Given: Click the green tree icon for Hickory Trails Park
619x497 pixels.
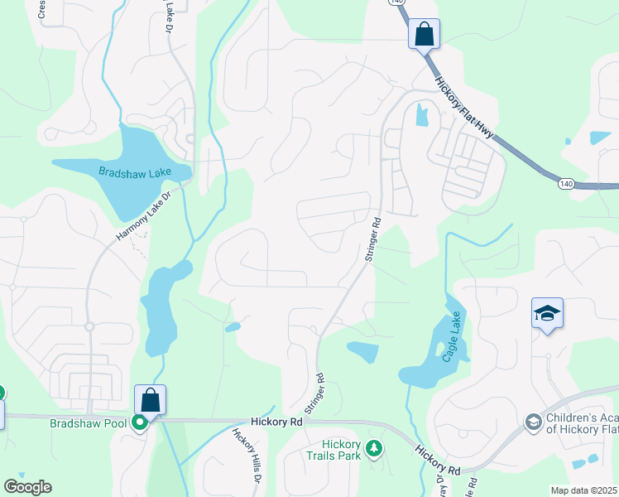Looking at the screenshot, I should (375, 448).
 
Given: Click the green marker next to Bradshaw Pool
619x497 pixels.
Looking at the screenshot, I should (141, 422).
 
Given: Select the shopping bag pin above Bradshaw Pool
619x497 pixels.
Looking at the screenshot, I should (150, 400).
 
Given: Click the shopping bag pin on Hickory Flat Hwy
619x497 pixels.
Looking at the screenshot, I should (424, 35).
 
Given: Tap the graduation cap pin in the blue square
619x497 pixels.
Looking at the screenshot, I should (547, 313).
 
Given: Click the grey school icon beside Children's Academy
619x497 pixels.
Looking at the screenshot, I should (534, 423).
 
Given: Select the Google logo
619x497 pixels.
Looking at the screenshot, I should (27, 487).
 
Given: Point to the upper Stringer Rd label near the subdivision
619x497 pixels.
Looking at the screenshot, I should (371, 240).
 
